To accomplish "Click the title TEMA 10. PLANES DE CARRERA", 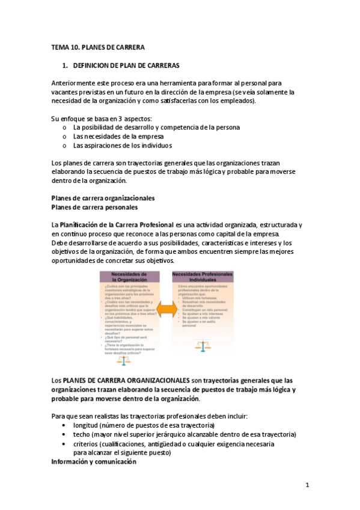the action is tap(98, 48).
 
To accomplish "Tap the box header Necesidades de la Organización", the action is tap(130, 277).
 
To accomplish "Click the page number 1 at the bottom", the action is tap(307, 485).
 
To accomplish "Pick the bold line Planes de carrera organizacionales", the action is tap(103, 198).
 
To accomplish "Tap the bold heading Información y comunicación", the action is tap(94, 462).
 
